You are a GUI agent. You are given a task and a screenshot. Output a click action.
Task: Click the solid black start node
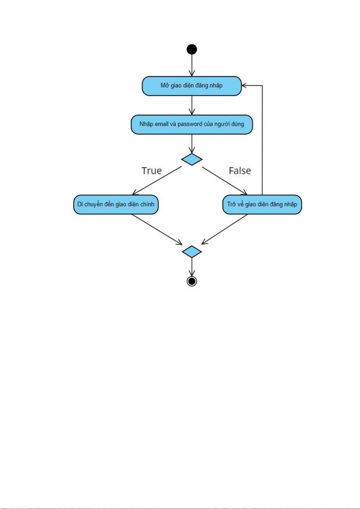(x=192, y=49)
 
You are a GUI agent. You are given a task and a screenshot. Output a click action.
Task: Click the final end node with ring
(x=192, y=281)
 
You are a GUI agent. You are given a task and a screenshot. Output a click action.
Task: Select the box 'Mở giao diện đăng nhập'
(x=192, y=86)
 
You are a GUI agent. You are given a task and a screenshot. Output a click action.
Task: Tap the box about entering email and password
(x=192, y=124)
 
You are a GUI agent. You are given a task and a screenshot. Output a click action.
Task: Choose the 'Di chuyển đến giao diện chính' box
(x=116, y=205)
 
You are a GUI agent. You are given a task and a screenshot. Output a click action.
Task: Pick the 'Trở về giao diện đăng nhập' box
(x=262, y=205)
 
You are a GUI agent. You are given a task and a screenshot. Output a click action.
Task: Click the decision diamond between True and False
(x=192, y=159)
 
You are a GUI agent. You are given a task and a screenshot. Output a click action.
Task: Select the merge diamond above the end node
(x=192, y=252)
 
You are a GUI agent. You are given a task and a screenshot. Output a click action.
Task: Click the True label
(x=152, y=171)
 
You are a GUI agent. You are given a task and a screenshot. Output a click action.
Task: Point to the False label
(x=240, y=171)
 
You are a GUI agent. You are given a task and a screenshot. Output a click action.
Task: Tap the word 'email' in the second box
(x=162, y=124)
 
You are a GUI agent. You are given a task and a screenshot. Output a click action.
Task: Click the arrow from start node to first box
(x=192, y=66)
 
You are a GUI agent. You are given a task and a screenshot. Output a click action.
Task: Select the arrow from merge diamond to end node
(x=192, y=267)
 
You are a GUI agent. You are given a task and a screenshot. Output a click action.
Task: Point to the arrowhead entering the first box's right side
(x=244, y=85)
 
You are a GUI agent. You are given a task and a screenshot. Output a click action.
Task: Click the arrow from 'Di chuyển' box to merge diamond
(x=157, y=230)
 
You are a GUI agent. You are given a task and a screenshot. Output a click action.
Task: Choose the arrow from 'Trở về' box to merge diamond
(x=224, y=229)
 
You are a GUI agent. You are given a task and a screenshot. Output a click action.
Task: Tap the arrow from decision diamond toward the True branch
(x=157, y=181)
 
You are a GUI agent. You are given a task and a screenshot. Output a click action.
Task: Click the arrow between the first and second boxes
(x=192, y=105)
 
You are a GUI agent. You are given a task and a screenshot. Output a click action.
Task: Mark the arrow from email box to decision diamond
(x=192, y=144)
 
